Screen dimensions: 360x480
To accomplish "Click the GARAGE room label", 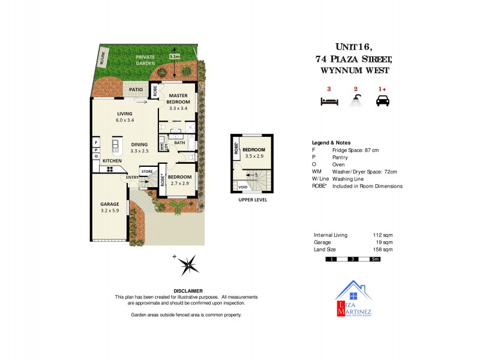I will (x=109, y=204).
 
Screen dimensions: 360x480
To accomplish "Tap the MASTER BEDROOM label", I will (x=179, y=98).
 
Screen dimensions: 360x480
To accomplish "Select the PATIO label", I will (x=136, y=90).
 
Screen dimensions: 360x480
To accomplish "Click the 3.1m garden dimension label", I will (x=175, y=56).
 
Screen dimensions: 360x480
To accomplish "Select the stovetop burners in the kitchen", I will (x=111, y=169).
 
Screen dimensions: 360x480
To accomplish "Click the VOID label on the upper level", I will (x=242, y=187).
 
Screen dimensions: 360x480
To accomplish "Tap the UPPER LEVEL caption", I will (x=252, y=200).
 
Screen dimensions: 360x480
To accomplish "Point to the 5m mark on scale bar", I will (x=375, y=259).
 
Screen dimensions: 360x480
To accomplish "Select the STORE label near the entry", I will (x=147, y=172).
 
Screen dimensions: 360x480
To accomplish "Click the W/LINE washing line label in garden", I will (x=102, y=59).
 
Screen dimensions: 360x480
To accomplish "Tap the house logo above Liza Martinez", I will (x=354, y=292).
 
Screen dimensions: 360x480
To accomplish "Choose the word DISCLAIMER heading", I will (x=188, y=290).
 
